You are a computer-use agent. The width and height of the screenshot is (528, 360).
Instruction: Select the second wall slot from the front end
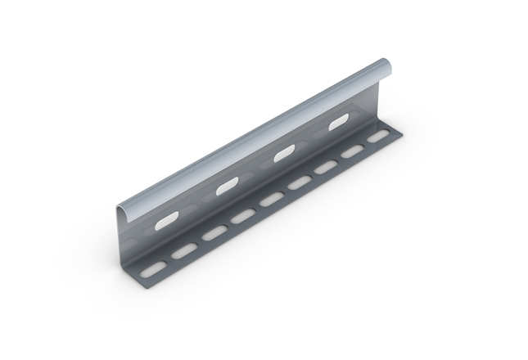(x=225, y=187)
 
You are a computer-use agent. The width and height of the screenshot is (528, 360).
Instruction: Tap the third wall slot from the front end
(x=283, y=154)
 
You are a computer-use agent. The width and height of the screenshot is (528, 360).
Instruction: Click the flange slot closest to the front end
(x=151, y=268)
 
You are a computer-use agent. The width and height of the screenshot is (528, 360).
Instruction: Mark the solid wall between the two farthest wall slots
(x=311, y=139)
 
